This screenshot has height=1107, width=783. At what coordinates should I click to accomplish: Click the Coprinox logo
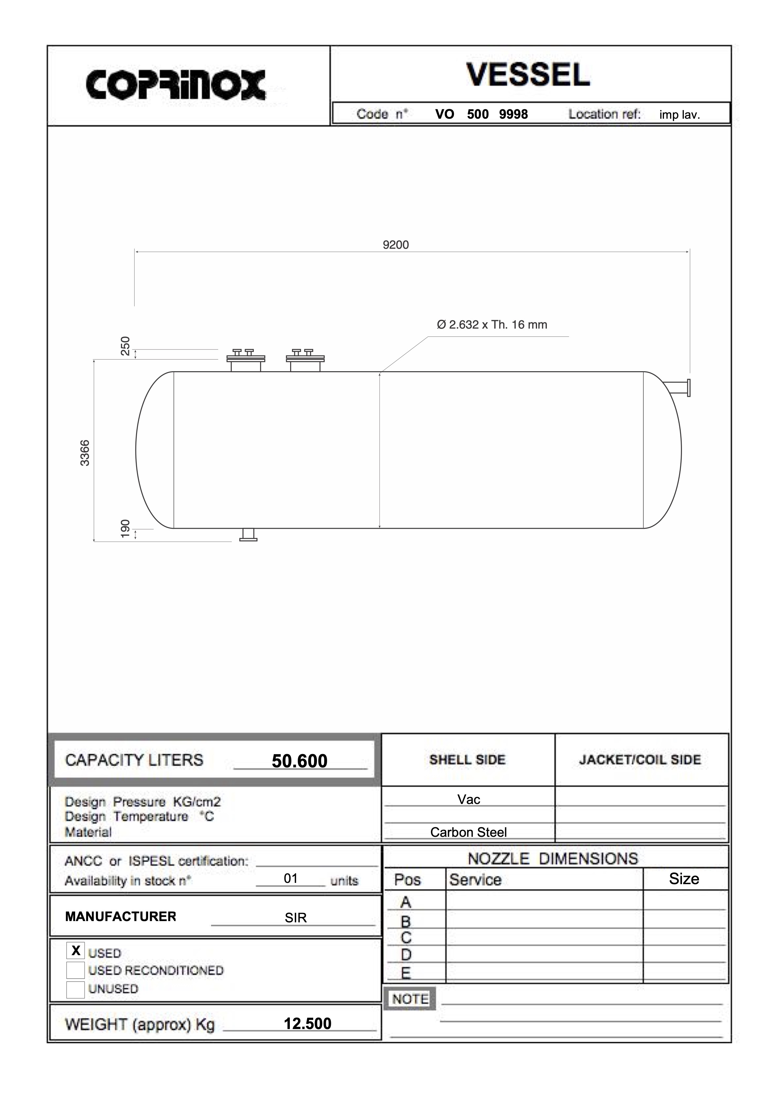click(x=176, y=85)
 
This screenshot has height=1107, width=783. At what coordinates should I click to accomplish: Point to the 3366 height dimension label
click(x=85, y=453)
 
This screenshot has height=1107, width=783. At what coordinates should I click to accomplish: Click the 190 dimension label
click(x=125, y=528)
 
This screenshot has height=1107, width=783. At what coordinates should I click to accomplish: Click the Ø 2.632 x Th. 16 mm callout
click(x=492, y=324)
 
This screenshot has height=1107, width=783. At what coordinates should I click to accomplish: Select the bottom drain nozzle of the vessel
click(x=248, y=535)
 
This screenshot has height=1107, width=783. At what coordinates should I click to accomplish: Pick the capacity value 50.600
click(x=299, y=761)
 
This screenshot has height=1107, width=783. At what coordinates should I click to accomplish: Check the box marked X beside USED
click(x=76, y=950)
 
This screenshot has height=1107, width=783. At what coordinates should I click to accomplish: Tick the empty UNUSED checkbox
click(x=76, y=989)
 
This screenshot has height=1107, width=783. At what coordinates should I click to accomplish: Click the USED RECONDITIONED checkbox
click(x=76, y=970)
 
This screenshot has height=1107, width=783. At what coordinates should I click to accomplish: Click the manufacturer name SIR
click(x=295, y=918)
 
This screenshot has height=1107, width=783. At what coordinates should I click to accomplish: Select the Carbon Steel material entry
click(x=468, y=832)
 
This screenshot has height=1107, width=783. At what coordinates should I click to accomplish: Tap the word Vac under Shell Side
click(x=469, y=799)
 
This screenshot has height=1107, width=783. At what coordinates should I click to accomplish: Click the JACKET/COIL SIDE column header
click(x=640, y=760)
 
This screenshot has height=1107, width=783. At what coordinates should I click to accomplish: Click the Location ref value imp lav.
click(x=679, y=115)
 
